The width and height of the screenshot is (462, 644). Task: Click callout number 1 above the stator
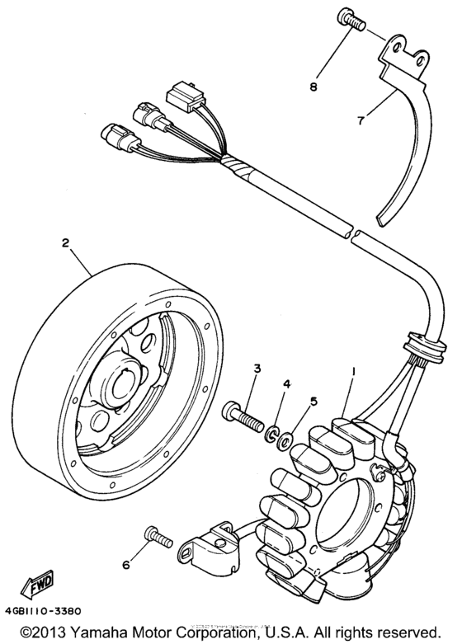355,373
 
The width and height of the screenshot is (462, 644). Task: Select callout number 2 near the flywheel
64,244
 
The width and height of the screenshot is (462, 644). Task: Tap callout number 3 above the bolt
257,368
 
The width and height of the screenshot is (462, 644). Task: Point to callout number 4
287,384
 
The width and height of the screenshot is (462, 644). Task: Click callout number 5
313,402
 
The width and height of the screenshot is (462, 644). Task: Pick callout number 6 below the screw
125,565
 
